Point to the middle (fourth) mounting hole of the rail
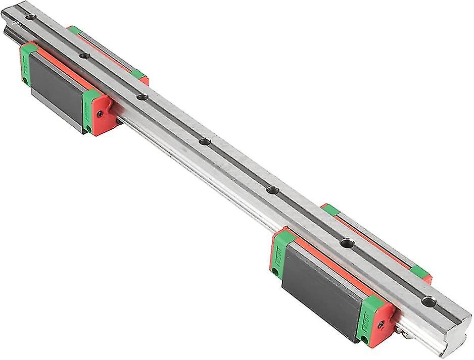[x=204, y=141]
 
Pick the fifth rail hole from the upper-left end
[x=272, y=190]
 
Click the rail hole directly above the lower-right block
[x=346, y=243]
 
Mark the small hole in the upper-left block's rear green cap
[x=23, y=80]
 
